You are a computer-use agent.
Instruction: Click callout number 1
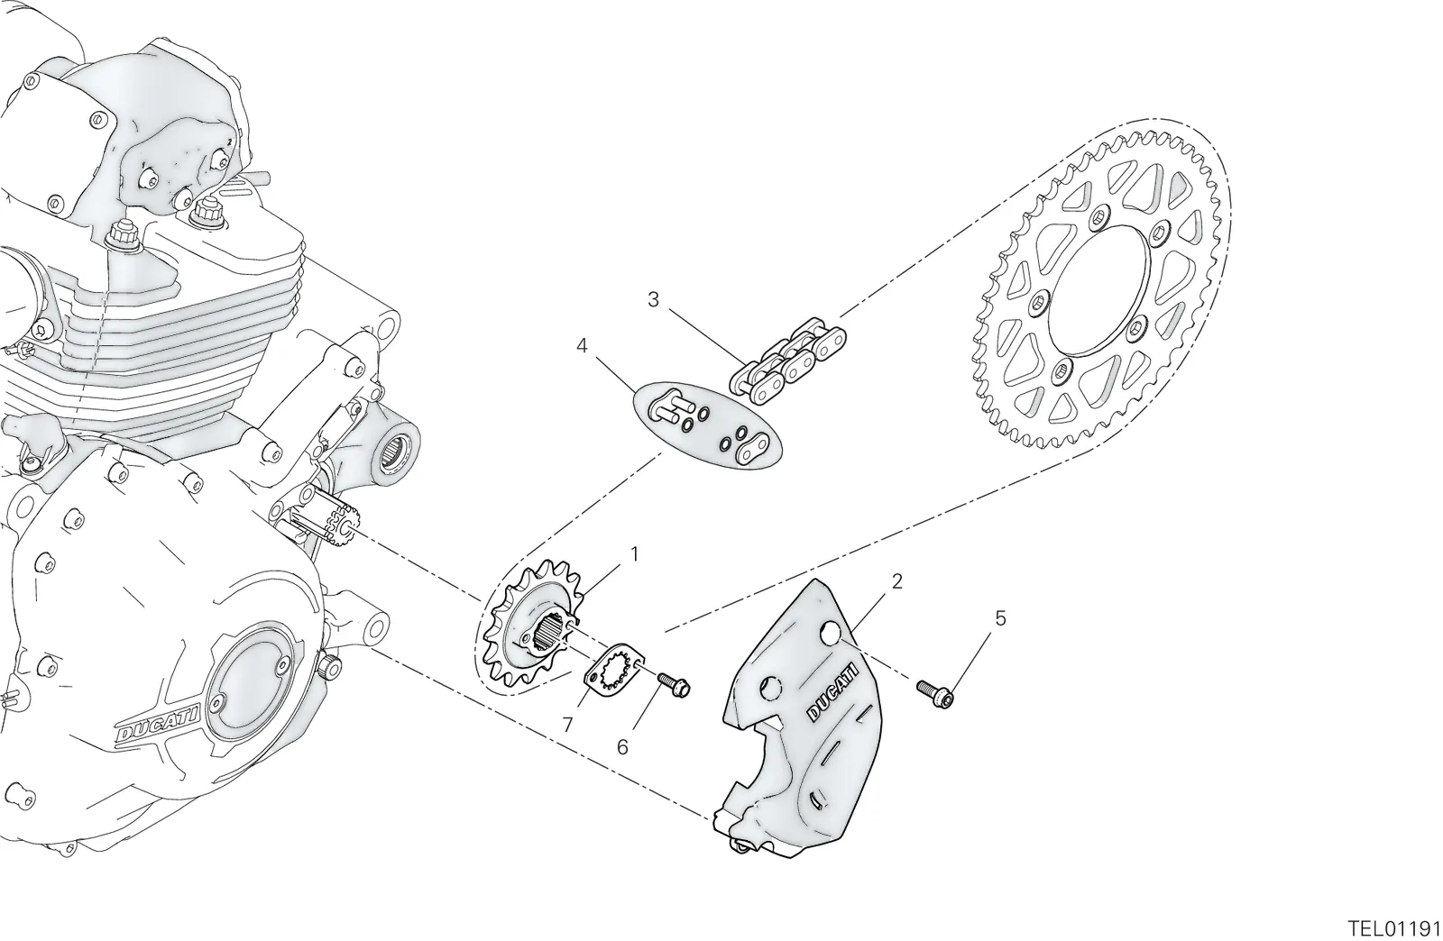click(635, 554)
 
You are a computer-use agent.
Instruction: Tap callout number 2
click(896, 582)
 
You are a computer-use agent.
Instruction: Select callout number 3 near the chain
click(653, 300)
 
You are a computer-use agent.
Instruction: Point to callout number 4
click(582, 347)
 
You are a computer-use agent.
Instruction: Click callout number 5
click(1000, 619)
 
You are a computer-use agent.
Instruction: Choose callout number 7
click(567, 726)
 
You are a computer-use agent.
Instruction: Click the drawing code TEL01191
click(1394, 928)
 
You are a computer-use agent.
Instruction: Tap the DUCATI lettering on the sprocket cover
click(833, 692)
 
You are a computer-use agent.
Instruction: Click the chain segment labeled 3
click(787, 361)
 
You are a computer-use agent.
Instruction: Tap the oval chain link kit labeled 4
click(707, 425)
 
